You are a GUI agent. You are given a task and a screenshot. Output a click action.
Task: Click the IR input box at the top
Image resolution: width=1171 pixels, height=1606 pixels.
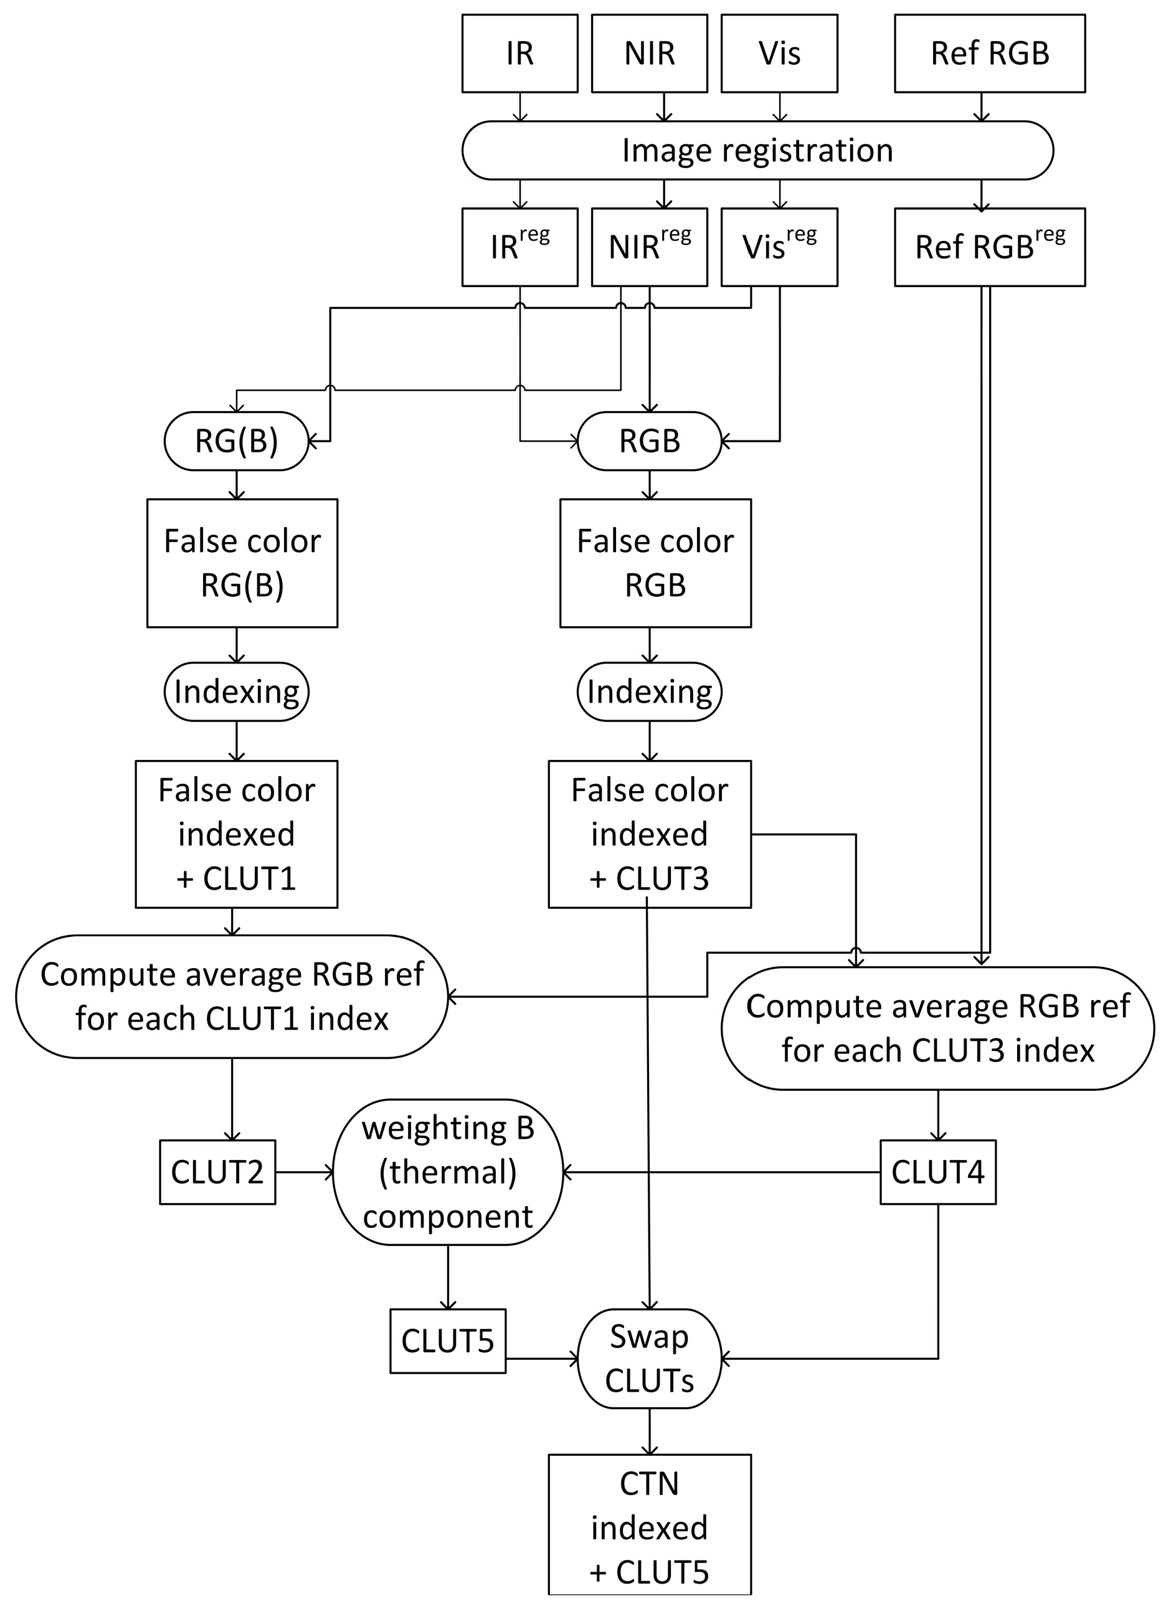[519, 54]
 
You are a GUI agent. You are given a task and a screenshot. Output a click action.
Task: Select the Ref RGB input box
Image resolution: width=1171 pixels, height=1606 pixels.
[990, 54]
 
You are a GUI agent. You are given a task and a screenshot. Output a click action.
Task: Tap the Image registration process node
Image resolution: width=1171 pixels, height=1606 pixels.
[757, 150]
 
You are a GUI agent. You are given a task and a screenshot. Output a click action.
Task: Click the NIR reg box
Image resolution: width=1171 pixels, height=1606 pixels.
[649, 247]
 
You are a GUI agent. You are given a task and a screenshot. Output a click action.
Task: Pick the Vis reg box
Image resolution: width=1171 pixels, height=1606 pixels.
[779, 247]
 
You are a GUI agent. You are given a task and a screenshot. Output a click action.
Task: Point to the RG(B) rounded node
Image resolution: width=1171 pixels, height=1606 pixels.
[236, 441]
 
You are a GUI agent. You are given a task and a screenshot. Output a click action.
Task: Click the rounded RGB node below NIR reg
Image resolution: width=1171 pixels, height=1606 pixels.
[649, 441]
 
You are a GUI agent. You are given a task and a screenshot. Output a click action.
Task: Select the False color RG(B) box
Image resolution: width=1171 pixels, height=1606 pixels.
[242, 563]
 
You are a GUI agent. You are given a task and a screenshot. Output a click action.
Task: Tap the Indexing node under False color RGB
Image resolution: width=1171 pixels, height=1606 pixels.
[649, 691]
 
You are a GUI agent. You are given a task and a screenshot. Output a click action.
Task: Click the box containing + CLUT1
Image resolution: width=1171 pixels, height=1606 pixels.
[236, 834]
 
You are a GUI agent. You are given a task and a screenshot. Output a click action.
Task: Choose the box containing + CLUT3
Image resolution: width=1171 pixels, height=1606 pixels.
[649, 834]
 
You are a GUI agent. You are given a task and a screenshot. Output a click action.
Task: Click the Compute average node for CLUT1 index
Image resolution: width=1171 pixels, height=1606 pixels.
[232, 997]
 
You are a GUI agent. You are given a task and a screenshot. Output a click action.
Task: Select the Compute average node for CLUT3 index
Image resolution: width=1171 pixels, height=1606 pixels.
[937, 1028]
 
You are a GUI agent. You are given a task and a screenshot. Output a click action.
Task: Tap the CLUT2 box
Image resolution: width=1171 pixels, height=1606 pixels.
[217, 1172]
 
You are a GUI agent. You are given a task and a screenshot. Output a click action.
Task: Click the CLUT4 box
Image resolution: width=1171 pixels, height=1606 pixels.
[937, 1172]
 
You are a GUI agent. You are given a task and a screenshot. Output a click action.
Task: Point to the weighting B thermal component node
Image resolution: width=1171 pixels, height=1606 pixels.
[447, 1172]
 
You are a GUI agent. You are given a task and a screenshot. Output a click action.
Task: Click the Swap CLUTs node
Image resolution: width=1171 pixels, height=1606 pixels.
[649, 1358]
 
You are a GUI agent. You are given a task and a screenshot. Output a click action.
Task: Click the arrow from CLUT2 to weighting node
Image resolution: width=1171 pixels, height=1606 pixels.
[304, 1172]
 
